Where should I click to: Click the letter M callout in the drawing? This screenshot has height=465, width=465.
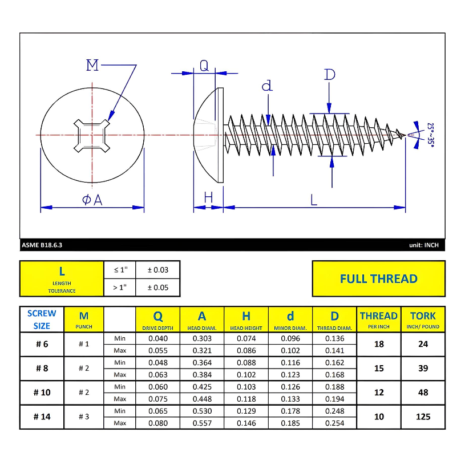92,65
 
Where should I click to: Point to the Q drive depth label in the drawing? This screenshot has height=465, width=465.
204,66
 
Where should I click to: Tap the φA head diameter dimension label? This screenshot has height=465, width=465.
92,200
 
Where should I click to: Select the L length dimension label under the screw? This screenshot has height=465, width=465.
314,200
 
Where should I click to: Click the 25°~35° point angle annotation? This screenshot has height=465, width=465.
431,135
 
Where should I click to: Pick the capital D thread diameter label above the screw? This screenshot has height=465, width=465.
329,75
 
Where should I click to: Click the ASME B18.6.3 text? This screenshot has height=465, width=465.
42,245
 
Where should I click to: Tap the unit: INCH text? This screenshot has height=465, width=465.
423,245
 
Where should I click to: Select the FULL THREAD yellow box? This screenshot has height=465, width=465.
378,279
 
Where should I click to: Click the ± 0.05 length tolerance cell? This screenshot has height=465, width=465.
158,288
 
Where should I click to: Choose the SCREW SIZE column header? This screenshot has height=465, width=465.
42,320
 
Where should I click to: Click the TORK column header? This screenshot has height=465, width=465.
423,320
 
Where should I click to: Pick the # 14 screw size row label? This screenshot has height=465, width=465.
42,417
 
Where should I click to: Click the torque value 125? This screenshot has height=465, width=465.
423,417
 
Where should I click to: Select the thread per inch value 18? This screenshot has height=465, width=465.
378,344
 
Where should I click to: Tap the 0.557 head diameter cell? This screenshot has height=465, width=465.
202,423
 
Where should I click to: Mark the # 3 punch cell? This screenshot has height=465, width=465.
84,417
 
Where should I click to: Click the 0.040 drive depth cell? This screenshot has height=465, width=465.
158,338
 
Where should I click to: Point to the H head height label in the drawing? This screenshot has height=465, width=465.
208,197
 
